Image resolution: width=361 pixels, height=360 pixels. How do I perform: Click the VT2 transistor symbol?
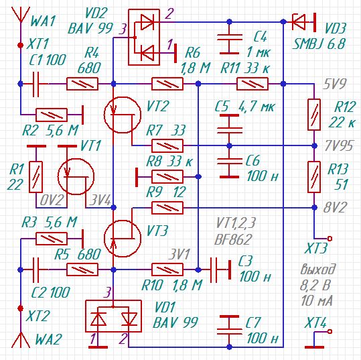(123, 115)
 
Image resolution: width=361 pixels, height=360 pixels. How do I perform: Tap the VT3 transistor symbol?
(123, 239)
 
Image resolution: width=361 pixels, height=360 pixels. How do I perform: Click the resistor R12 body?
(314, 115)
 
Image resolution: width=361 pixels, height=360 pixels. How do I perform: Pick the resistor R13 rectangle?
(314, 177)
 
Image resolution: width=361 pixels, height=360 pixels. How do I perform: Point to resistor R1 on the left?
(35, 177)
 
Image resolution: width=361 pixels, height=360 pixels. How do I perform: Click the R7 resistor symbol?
(167, 145)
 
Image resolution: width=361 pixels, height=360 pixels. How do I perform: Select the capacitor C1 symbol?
(35, 84)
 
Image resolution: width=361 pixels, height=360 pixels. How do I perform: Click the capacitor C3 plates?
(214, 269)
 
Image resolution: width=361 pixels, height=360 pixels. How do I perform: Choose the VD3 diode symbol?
(299, 22)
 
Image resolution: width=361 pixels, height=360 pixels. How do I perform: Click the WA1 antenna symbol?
(21, 14)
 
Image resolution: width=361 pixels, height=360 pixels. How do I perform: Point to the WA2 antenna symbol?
(21, 340)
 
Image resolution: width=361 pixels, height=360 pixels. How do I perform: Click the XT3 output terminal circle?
(330, 238)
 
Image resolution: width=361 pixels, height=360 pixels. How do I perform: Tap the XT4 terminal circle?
(330, 331)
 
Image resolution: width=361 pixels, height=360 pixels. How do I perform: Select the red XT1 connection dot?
(21, 45)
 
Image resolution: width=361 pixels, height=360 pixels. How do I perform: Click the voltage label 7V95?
(338, 145)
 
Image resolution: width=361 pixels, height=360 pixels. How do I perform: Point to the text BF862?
(232, 239)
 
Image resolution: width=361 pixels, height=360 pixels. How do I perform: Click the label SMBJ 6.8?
(319, 44)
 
